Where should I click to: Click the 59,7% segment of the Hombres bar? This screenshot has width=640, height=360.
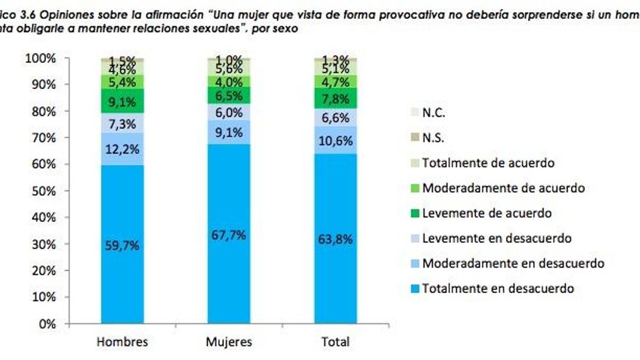point(122,245)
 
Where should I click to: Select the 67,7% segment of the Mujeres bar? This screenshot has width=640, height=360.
point(228,235)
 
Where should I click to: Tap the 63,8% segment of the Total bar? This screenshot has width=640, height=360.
point(335,240)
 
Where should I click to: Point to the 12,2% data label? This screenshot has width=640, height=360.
point(122,149)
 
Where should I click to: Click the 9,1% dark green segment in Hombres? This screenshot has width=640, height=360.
point(122,101)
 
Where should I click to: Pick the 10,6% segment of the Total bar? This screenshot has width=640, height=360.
point(335,140)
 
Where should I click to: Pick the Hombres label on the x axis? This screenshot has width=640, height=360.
point(122,342)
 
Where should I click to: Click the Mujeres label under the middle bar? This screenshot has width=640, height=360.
point(228,342)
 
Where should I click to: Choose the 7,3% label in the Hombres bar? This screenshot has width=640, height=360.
point(122,124)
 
